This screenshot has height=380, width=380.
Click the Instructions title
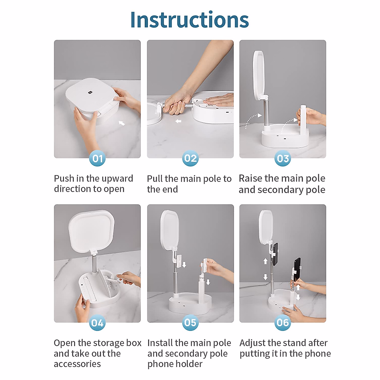[189, 20]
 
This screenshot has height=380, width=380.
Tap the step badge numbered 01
[98, 158]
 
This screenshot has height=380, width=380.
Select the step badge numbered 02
[190, 158]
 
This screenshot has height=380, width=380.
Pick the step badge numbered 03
[282, 158]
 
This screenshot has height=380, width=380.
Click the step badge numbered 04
[98, 323]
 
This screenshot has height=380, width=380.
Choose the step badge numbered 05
[190, 323]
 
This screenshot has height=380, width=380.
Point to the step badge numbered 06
[282, 323]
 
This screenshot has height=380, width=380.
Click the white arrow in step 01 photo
[122, 123]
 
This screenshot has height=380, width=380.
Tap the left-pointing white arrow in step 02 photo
[178, 121]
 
